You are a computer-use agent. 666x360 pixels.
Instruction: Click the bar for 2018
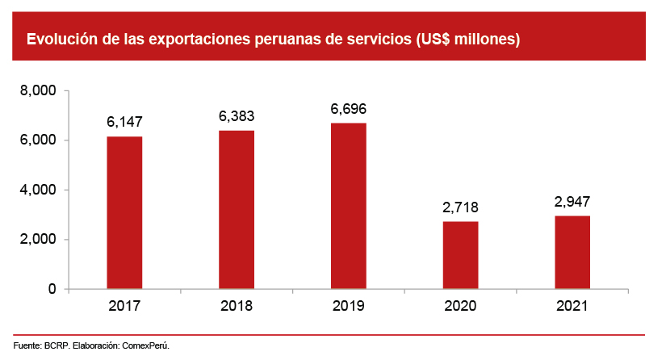pos(237,209)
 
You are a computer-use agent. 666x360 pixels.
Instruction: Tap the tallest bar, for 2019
pos(348,206)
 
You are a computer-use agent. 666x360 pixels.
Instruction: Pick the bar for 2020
pos(460,255)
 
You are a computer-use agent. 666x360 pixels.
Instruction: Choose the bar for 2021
pos(572,252)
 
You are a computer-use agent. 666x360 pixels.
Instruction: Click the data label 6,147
pos(124,123)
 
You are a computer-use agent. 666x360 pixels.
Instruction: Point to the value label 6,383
pos(237,116)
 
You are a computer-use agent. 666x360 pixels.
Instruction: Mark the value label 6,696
pos(348,109)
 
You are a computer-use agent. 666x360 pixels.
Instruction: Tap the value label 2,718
pos(460,207)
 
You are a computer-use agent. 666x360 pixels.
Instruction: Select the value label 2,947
pos(572,202)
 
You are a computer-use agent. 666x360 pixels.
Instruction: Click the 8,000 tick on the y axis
pos(39,91)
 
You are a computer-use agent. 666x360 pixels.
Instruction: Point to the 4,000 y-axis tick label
pos(39,190)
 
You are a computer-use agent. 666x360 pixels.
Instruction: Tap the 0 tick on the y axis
pos(52,289)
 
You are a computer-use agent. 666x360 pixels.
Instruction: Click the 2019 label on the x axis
pos(348,307)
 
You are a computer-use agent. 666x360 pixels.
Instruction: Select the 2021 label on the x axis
pos(572,307)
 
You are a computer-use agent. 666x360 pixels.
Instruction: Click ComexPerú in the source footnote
pos(145,345)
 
